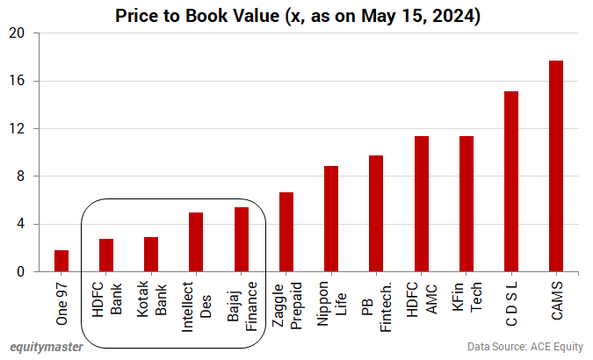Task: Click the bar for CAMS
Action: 555,167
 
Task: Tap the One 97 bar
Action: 61,261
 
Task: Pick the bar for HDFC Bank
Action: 106,256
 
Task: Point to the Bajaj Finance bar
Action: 241,240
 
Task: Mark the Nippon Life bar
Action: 331,219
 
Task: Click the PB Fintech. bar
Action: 376,213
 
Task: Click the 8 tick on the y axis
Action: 21,176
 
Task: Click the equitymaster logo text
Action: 47,347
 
